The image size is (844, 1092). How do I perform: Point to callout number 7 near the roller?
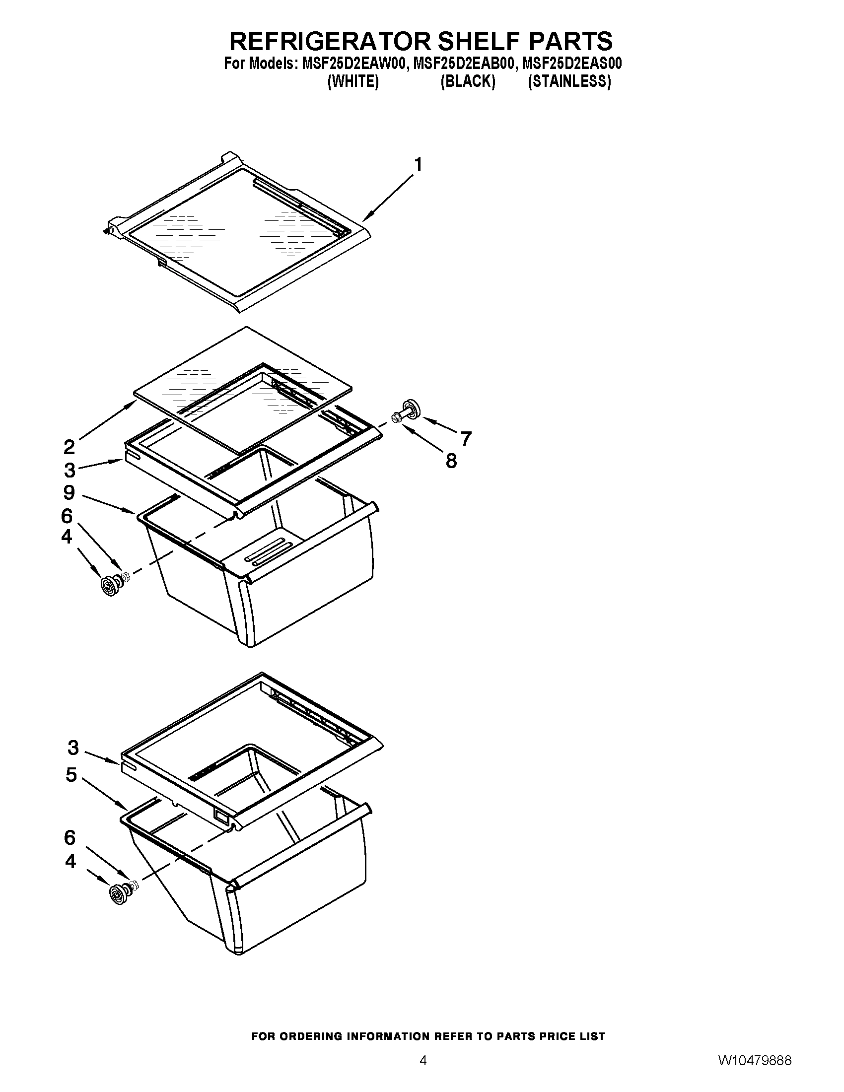[x=466, y=438]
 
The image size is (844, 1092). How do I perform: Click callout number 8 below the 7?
[x=451, y=461]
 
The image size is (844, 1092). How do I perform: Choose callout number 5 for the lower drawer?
[x=71, y=775]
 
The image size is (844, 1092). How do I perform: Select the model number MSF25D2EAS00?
[x=571, y=64]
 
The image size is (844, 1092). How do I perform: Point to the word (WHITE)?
[x=352, y=81]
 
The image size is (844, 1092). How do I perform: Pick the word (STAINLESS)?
[x=569, y=81]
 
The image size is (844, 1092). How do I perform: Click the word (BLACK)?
[x=468, y=81]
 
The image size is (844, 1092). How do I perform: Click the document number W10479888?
[x=755, y=1074]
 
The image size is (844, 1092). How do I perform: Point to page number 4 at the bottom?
[x=423, y=1074]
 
